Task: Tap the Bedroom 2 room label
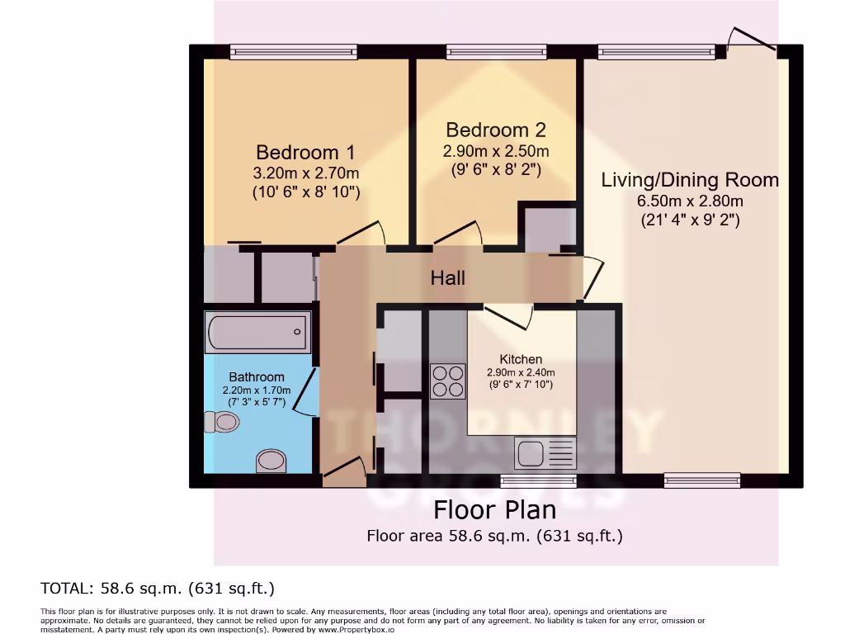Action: coord(495,130)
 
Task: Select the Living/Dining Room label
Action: coord(690,180)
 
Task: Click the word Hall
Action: coord(447,278)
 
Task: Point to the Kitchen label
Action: coord(521,359)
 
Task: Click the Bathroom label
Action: coord(257,377)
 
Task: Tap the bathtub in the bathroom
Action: coord(258,332)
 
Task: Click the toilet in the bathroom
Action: coord(221,423)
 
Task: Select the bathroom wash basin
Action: coord(271,460)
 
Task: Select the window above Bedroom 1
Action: coord(294,52)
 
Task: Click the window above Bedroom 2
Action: coord(496,52)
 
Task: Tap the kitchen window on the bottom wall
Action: coord(526,480)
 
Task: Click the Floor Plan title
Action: coord(495,509)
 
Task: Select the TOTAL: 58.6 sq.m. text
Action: coord(158,589)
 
